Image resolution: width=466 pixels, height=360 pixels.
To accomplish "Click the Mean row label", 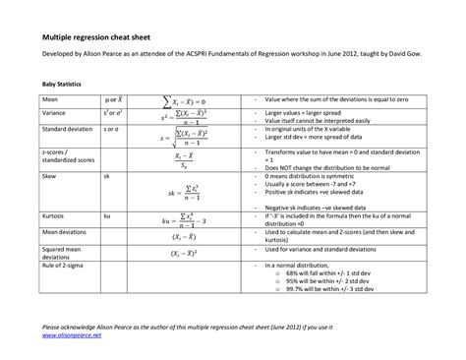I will click(50, 100).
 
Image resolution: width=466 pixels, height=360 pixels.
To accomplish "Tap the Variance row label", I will click(54, 113).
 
